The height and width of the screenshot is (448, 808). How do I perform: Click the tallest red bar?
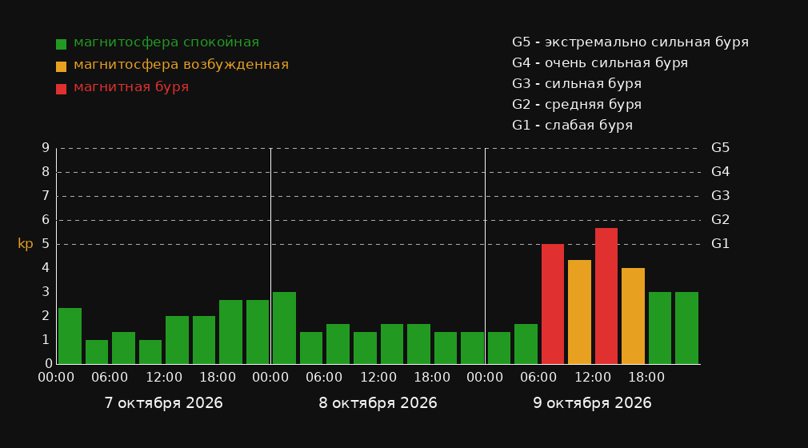point(606,296)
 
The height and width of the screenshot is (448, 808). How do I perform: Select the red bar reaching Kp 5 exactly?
point(553,304)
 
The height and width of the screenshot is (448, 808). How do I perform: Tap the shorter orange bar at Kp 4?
point(633,316)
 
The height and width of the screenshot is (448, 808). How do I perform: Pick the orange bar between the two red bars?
point(579,312)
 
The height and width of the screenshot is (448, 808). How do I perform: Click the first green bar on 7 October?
point(70,336)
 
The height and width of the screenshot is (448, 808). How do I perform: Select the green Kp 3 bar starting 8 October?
point(285,328)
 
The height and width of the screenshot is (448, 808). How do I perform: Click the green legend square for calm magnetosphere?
point(62,44)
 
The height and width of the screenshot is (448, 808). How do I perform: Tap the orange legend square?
point(62,66)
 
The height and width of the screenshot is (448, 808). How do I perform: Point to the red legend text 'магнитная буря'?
point(131,87)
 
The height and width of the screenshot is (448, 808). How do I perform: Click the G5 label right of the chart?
point(720,148)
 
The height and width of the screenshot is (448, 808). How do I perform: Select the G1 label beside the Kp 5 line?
point(720,244)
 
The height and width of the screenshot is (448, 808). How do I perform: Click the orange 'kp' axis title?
point(26,244)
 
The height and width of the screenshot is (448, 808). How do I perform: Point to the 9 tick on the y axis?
point(46,148)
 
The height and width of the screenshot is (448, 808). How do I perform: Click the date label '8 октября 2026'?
point(378,403)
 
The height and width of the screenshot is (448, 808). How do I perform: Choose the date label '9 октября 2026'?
point(592,403)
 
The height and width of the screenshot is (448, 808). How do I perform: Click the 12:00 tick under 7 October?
point(164,378)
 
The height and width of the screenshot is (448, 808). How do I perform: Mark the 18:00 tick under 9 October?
point(646,378)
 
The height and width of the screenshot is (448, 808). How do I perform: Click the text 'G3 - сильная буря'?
point(577,84)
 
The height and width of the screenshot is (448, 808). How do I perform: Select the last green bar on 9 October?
point(686,328)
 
